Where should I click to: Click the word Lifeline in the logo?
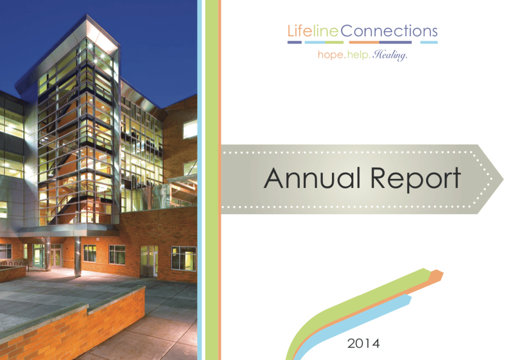[313, 32]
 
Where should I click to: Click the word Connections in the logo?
[389, 31]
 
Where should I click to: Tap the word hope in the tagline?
[330, 54]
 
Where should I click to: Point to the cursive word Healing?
[390, 55]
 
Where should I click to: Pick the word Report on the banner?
[416, 178]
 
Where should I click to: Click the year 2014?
[364, 343]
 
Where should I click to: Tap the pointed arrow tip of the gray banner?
[503, 179]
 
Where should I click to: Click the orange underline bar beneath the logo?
[364, 42]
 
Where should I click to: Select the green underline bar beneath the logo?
[334, 42]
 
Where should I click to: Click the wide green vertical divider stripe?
[212, 180]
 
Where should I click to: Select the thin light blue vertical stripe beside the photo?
[199, 180]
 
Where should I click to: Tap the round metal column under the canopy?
[78, 256]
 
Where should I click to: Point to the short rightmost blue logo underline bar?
[429, 42]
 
